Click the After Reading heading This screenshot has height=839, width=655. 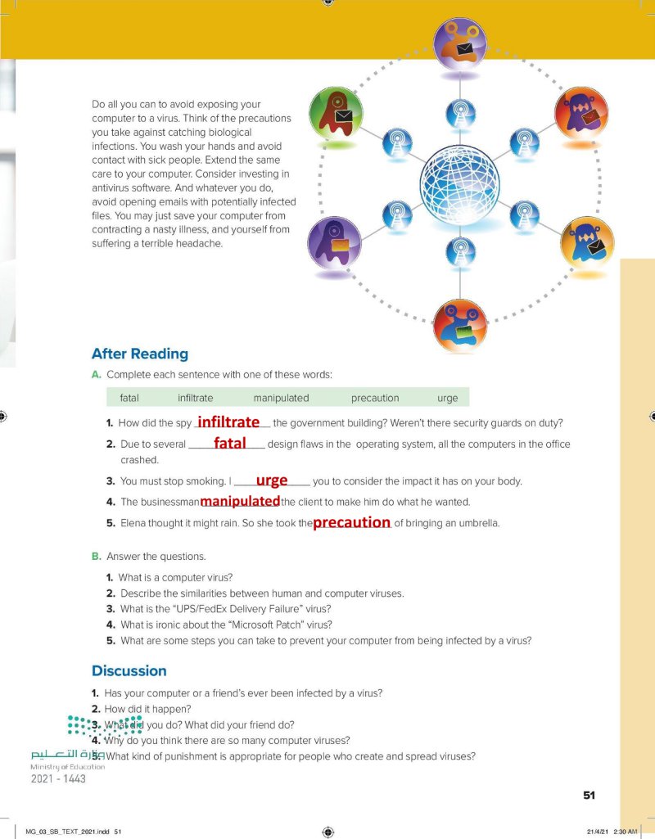click(x=140, y=354)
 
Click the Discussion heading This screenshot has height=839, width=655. click(x=129, y=671)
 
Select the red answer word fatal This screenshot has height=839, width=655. click(x=229, y=443)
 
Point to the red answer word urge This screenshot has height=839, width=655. click(x=272, y=480)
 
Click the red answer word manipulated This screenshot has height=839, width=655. click(x=240, y=501)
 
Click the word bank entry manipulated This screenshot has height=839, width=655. click(x=281, y=399)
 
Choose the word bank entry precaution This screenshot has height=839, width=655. click(x=375, y=399)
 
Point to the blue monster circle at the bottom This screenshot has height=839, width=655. click(x=459, y=326)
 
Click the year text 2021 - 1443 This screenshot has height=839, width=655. click(x=58, y=778)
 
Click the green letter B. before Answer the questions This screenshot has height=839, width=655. click(x=97, y=557)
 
